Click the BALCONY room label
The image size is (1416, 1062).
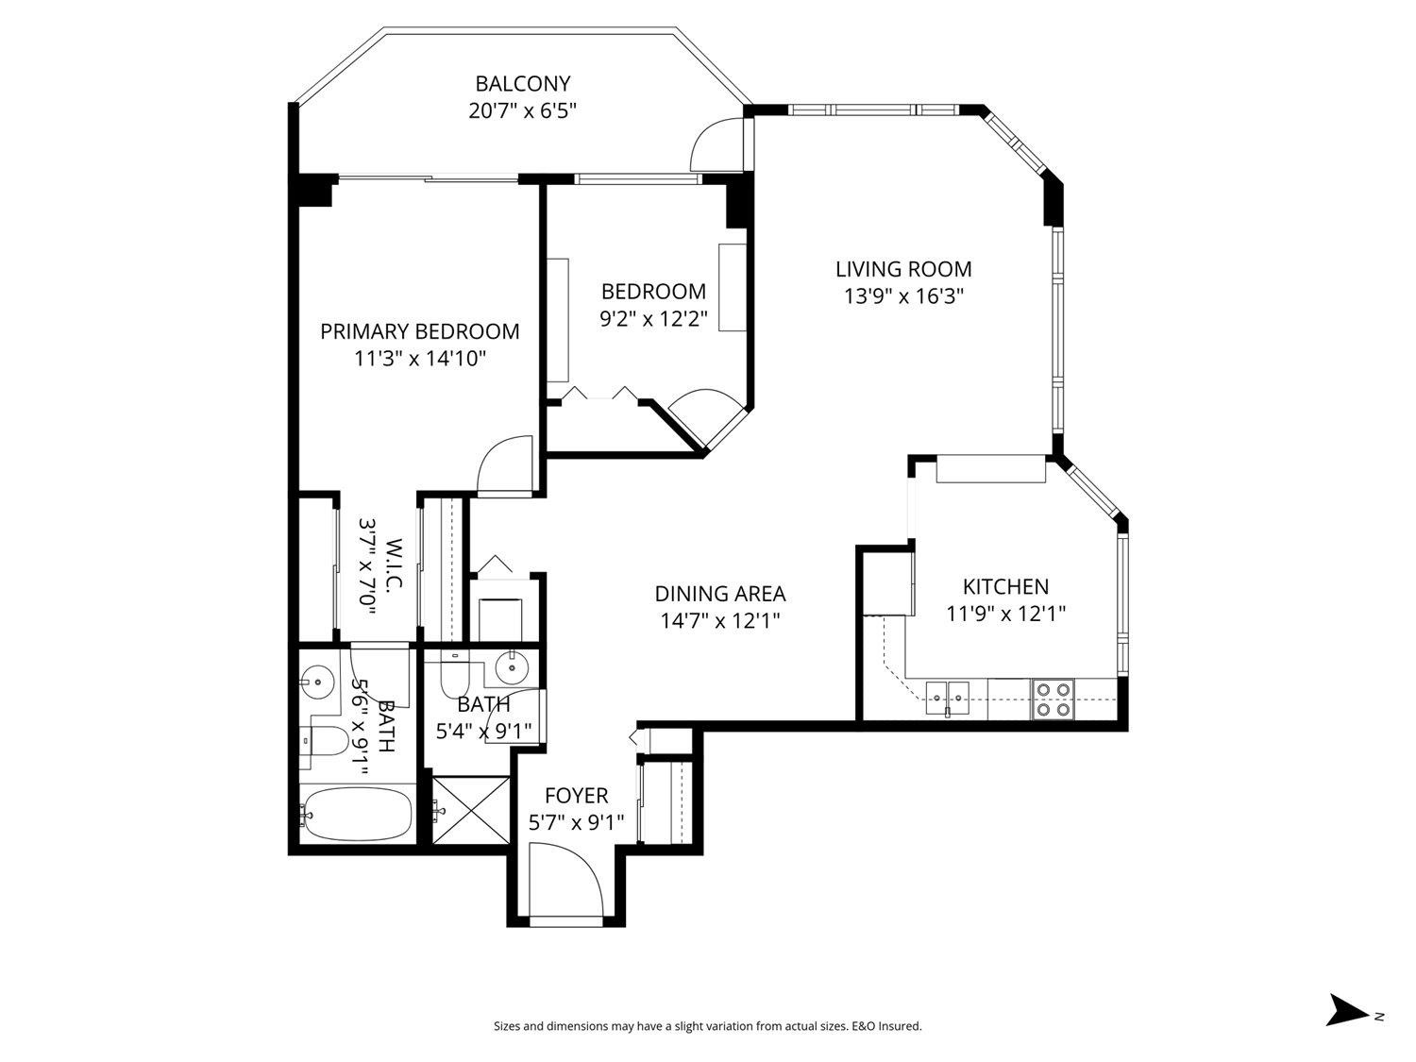(x=522, y=84)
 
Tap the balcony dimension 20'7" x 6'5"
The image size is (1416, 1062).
(x=522, y=110)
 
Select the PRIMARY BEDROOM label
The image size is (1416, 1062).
(x=419, y=331)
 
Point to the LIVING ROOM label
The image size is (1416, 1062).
(x=903, y=270)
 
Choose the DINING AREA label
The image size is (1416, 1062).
(x=719, y=594)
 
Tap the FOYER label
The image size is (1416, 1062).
(x=576, y=796)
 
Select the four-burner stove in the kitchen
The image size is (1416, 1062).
(x=1053, y=699)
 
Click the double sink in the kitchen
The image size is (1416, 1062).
(x=947, y=697)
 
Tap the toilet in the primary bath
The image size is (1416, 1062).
(x=322, y=742)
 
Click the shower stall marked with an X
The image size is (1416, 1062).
(x=470, y=809)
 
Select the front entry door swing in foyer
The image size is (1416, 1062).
(x=565, y=880)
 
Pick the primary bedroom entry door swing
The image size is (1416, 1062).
(x=506, y=464)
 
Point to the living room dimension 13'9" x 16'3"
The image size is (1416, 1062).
(x=903, y=296)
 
